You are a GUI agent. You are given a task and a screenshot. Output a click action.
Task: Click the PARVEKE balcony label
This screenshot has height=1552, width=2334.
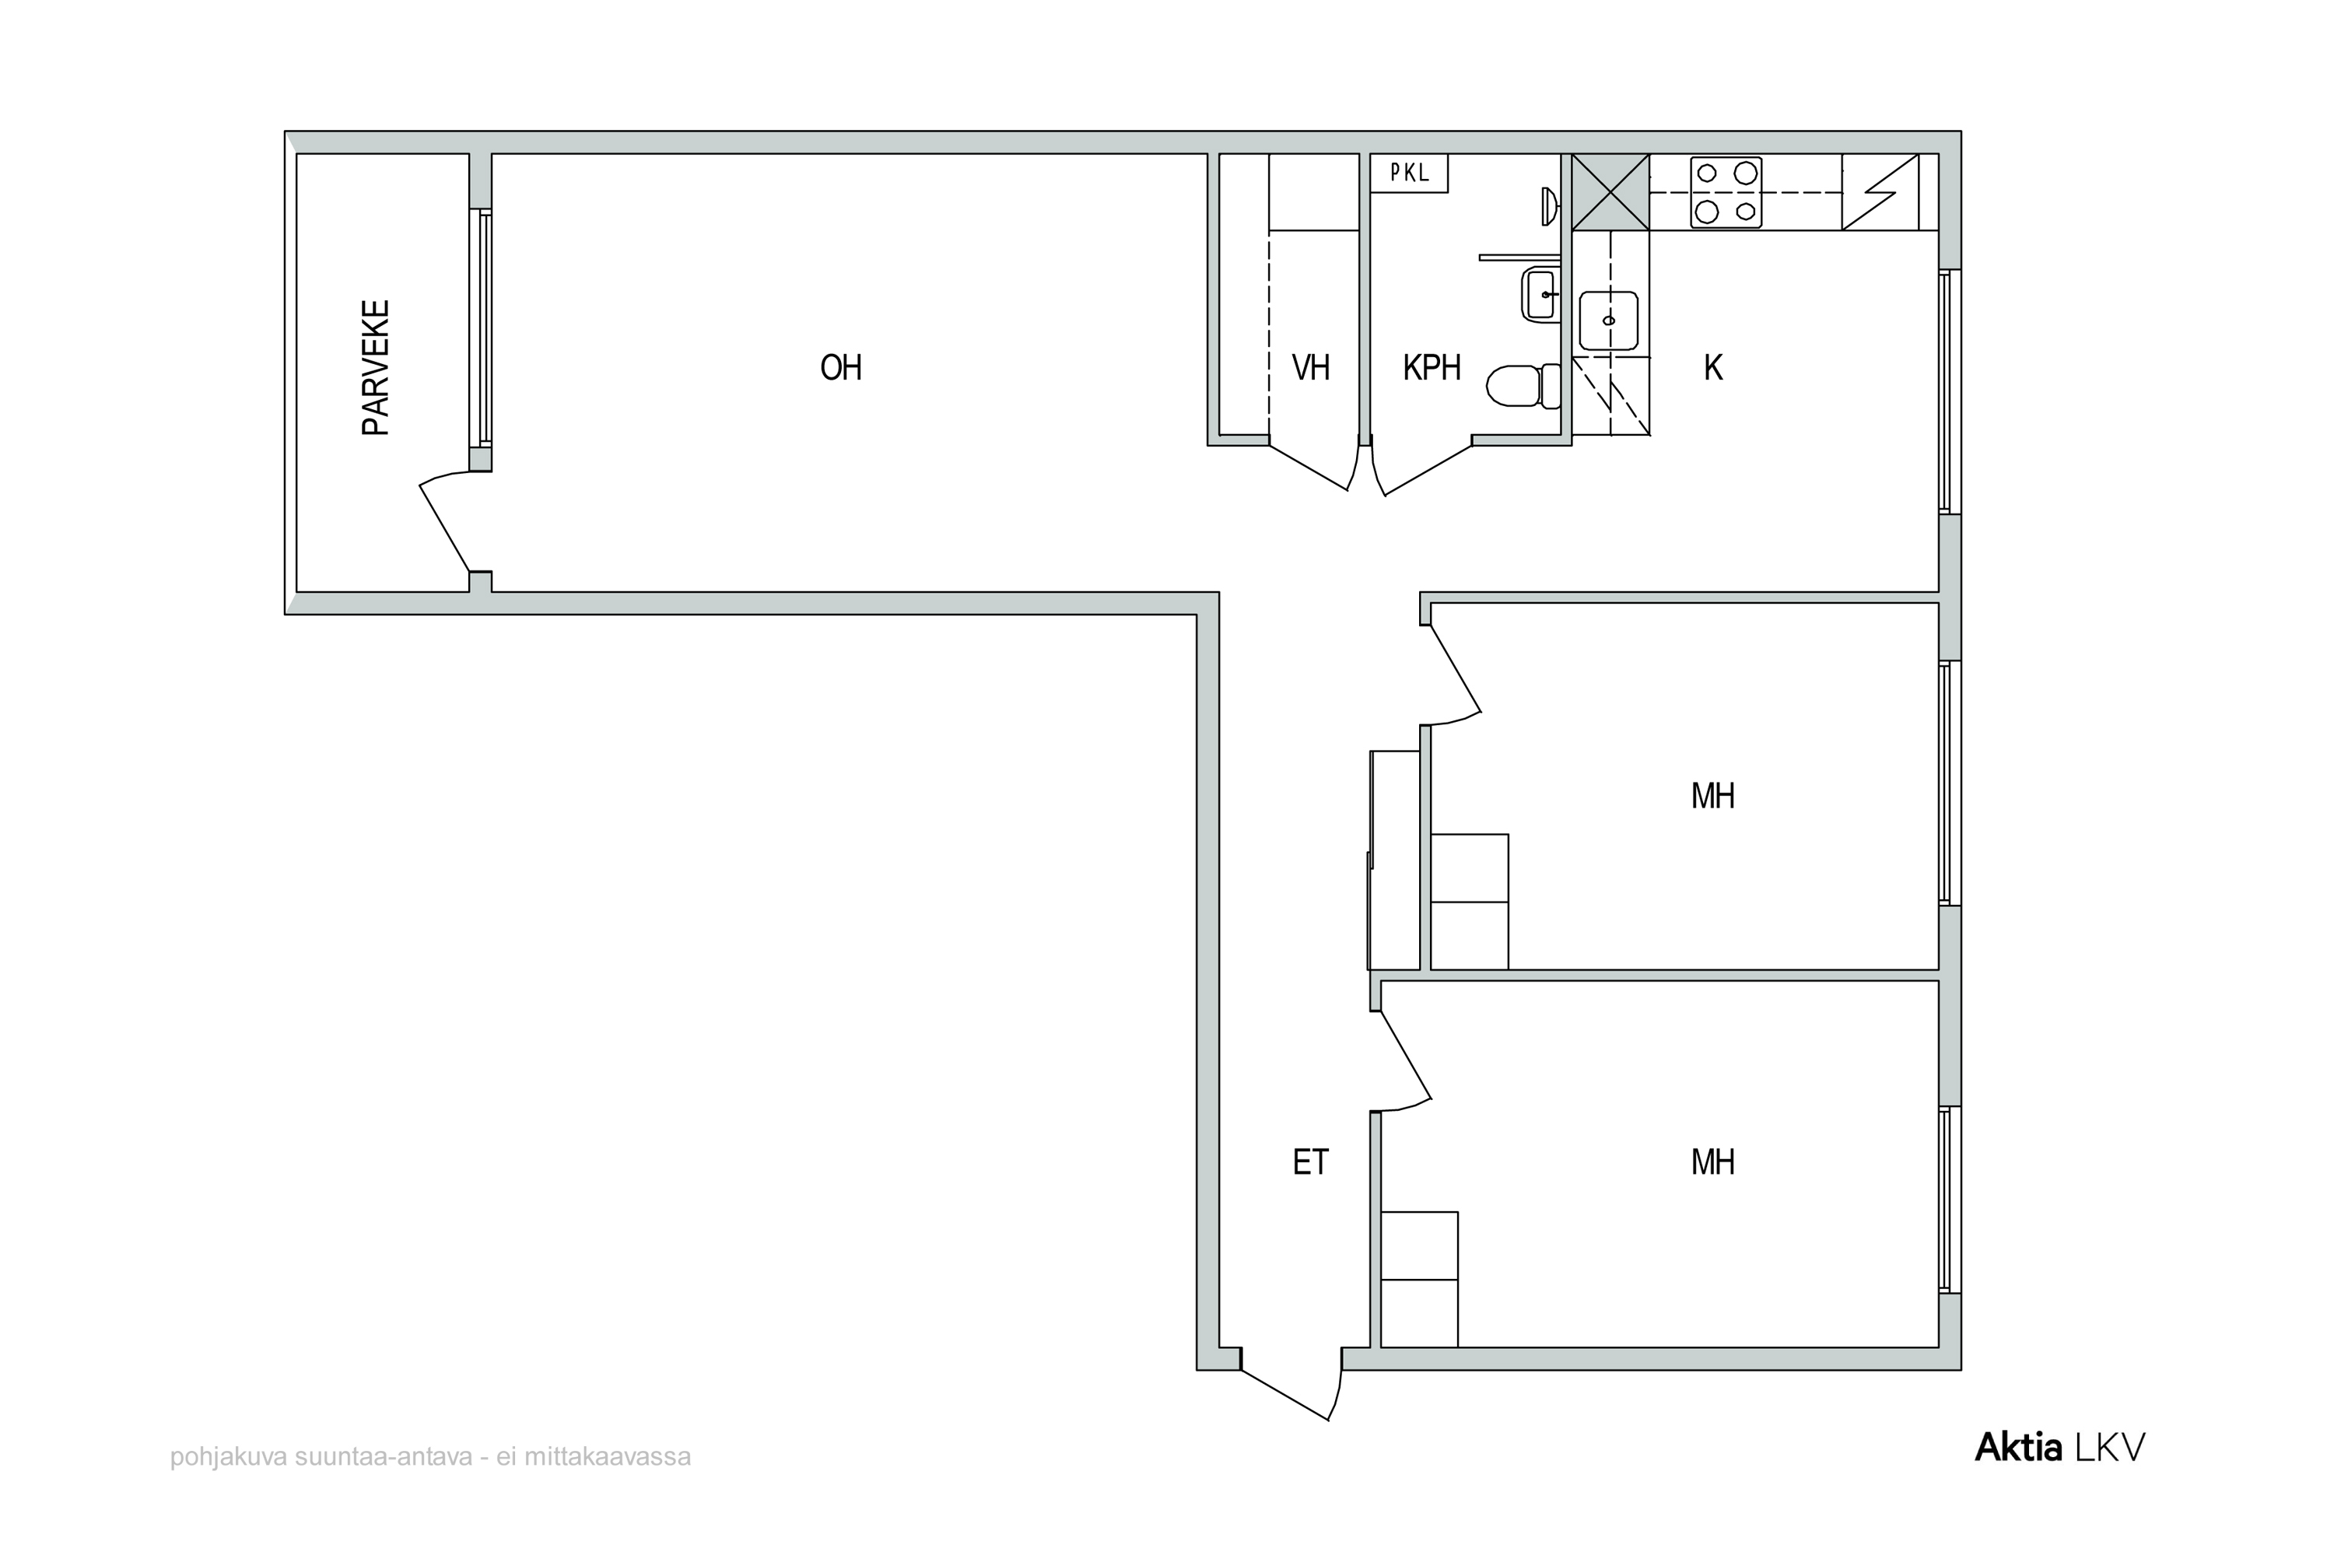tap(375, 367)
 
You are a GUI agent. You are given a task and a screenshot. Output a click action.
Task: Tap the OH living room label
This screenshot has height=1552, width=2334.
tap(841, 368)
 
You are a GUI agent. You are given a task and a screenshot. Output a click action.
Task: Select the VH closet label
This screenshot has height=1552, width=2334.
tap(1310, 368)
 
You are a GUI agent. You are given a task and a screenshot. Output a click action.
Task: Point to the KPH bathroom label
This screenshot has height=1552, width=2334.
tap(1432, 368)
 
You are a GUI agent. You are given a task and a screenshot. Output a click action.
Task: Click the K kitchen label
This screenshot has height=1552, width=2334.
tap(1713, 368)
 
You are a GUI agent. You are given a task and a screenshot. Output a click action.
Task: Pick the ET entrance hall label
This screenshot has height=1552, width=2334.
tap(1310, 1162)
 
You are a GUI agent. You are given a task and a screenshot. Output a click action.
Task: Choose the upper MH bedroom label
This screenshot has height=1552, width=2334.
tap(1712, 796)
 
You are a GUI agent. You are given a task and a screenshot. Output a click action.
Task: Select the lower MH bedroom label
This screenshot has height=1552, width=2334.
tap(1712, 1162)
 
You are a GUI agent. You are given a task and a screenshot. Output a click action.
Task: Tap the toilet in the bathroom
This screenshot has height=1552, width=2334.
tap(1523, 386)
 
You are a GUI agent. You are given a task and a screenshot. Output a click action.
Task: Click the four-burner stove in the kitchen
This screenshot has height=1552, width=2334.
tap(1726, 193)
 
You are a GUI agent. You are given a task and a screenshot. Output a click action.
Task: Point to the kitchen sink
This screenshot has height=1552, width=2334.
tap(1608, 321)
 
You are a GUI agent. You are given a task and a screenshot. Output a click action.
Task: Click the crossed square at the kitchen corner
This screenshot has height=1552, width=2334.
tap(1610, 192)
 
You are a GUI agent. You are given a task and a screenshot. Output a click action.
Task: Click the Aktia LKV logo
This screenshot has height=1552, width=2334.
tap(2060, 1448)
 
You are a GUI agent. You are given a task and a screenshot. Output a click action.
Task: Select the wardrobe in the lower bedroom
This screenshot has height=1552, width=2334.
tap(1419, 1279)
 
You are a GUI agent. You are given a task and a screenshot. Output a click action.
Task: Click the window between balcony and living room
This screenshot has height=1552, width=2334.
tap(483, 327)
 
